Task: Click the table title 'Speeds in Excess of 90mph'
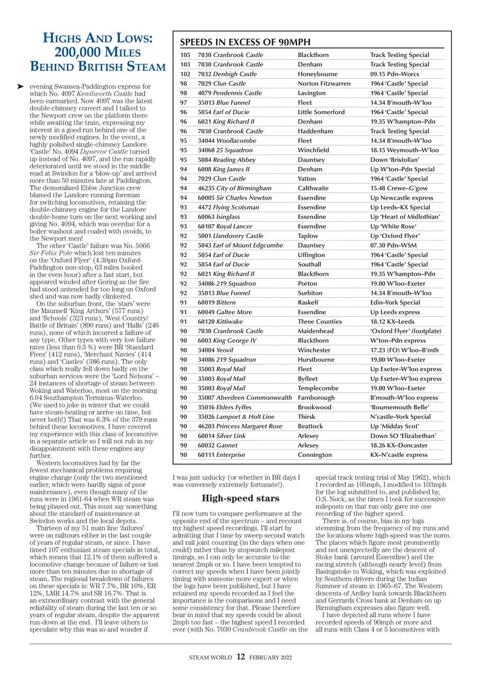pyautogui.click(x=245, y=43)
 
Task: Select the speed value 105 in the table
pyautogui.click(x=185, y=55)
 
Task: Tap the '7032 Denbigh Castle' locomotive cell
pyautogui.click(x=227, y=74)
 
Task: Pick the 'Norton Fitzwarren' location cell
pyautogui.click(x=324, y=84)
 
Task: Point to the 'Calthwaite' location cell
pyautogui.click(x=313, y=188)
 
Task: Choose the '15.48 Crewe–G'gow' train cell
pyautogui.click(x=398, y=188)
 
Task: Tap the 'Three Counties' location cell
pyautogui.click(x=320, y=322)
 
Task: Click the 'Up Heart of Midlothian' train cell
pyautogui.click(x=405, y=217)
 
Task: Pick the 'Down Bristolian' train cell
pyautogui.click(x=395, y=160)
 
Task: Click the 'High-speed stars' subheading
pyautogui.click(x=240, y=499)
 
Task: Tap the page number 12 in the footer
pyautogui.click(x=240, y=657)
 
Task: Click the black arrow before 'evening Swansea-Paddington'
pyautogui.click(x=21, y=86)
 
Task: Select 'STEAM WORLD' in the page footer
pyautogui.click(x=210, y=657)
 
